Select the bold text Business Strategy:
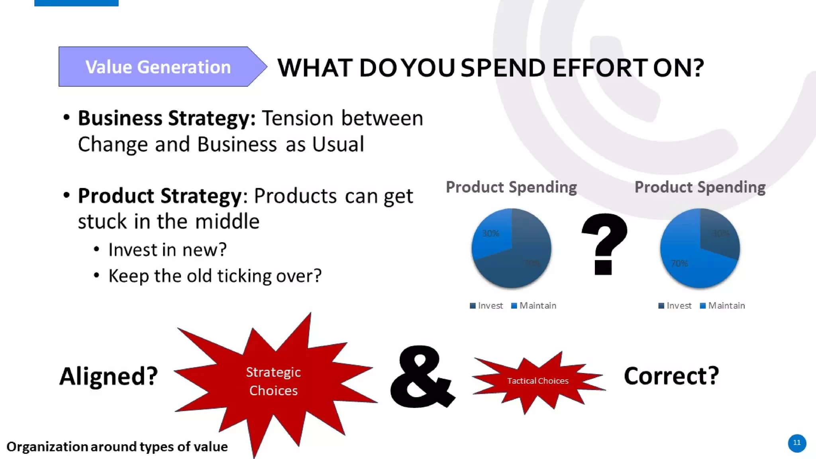pos(167,118)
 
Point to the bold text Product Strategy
pos(160,196)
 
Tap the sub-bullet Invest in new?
pos(167,250)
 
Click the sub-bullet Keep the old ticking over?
pos(215,276)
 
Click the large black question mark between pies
pos(604,244)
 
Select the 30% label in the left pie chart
pos(490,233)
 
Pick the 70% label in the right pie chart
pos(679,263)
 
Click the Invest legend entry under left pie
pos(486,306)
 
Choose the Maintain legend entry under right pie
pos(722,306)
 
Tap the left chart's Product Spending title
pos(511,187)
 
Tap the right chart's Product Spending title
pos(700,187)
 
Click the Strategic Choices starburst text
pos(273,381)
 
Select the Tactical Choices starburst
pos(537,381)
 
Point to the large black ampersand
pos(422,377)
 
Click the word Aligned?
pos(109,376)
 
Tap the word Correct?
pos(671,375)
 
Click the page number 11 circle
pos(797,443)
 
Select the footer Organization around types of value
pos(117,447)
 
